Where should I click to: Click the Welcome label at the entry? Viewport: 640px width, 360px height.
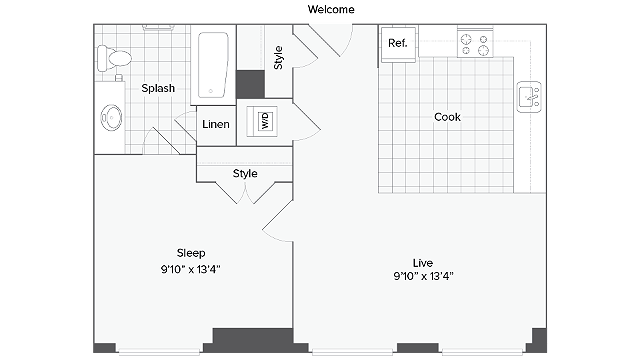[331, 9]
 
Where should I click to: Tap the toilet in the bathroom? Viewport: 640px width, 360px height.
[114, 58]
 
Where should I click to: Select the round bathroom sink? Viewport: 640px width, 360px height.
[111, 118]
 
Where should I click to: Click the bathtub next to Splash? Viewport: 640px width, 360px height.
[213, 65]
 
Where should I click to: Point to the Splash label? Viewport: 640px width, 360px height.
[158, 88]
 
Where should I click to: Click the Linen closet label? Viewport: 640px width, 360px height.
[216, 124]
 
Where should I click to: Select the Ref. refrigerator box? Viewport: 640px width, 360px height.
[398, 44]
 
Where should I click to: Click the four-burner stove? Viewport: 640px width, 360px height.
[475, 43]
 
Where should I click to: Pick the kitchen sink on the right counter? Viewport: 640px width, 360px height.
[529, 97]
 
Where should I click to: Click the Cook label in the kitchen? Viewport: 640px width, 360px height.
[447, 117]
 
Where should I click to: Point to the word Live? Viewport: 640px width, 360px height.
[423, 263]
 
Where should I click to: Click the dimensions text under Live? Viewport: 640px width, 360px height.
[424, 276]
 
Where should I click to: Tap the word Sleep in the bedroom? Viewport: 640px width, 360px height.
[191, 253]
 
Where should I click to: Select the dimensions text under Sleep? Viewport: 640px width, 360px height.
[191, 269]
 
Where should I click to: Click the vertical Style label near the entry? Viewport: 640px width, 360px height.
[278, 58]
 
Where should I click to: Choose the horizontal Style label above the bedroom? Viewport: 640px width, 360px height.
[245, 173]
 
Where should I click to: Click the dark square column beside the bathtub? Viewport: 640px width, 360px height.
[251, 84]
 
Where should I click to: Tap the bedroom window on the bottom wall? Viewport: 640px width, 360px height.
[159, 350]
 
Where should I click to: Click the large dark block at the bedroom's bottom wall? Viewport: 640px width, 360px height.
[253, 340]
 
